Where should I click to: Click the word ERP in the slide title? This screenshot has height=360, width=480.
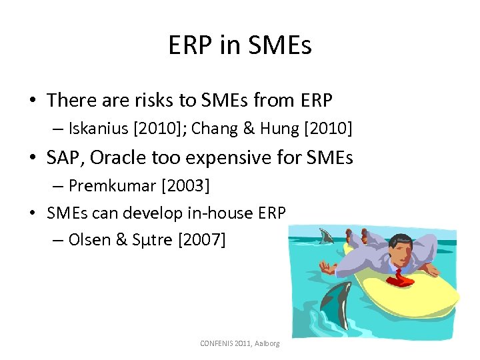[x=189, y=45]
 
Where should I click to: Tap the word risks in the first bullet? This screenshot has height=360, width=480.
[x=157, y=100]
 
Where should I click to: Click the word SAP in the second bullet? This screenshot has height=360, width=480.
[x=64, y=157]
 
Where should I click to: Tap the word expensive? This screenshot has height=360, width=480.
[x=227, y=158]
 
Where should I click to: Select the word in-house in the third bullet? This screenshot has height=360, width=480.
[x=221, y=213]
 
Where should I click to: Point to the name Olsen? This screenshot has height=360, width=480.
[x=89, y=240]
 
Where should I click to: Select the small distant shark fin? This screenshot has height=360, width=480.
[x=326, y=236]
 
